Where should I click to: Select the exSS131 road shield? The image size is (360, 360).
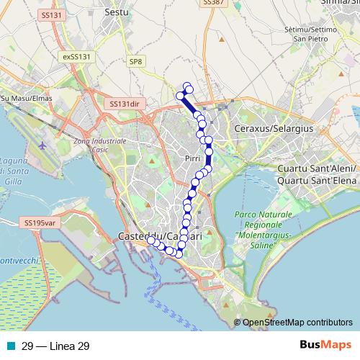click(x=76, y=56)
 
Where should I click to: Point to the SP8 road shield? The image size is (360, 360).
click(x=135, y=63)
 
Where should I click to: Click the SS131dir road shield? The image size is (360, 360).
click(x=124, y=104)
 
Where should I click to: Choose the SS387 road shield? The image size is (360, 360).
click(x=213, y=3)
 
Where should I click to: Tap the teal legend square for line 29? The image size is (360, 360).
click(x=11, y=346)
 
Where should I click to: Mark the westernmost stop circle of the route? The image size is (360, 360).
click(x=150, y=241)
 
